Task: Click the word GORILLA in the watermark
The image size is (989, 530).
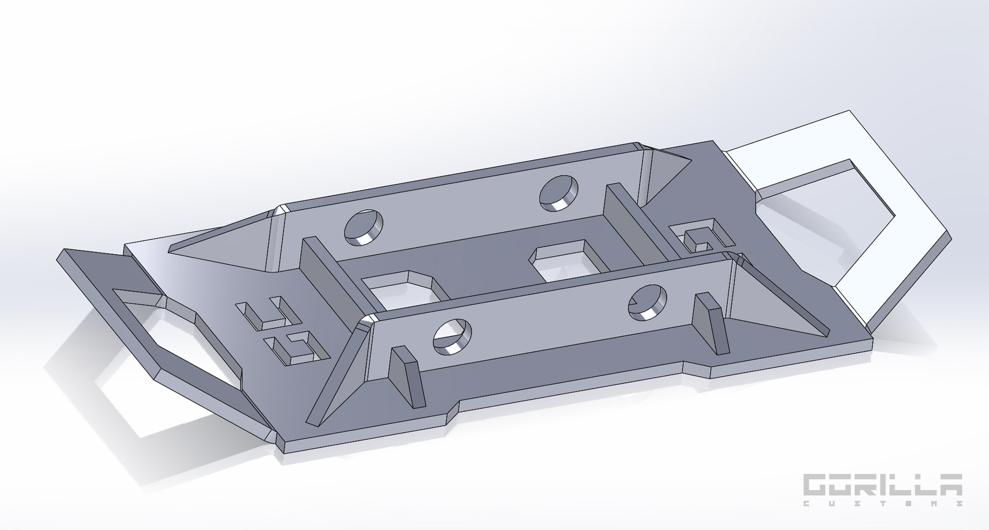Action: pos(883,485)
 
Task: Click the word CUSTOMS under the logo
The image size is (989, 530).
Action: pos(883,503)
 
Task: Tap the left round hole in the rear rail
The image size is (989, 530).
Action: pos(364,227)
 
